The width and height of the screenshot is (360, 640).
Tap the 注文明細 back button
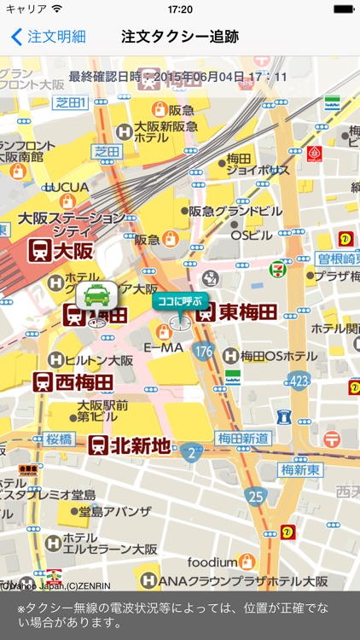tap(48, 37)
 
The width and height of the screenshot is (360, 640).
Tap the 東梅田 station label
tap(228, 312)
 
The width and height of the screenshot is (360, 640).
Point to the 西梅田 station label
tap(73, 381)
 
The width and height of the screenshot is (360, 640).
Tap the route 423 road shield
tap(298, 380)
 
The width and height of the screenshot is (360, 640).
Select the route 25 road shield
tap(254, 494)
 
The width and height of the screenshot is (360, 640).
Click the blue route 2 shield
tap(192, 451)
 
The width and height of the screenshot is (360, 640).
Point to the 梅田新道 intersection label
tap(243, 438)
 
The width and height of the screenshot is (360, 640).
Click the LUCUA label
tap(67, 187)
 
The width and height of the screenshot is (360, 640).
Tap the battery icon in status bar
tap(342, 9)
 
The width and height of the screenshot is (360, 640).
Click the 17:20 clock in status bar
tap(180, 9)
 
